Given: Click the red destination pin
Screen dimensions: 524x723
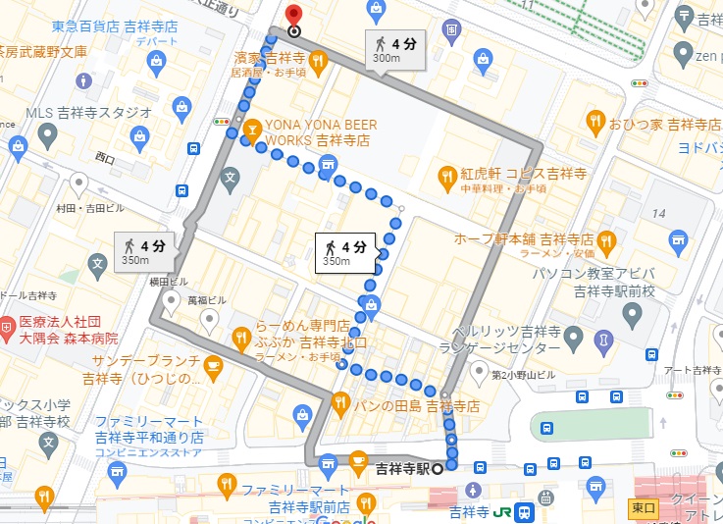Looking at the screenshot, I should click(x=291, y=16).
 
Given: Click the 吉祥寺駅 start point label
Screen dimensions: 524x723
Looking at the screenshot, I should click(x=402, y=467).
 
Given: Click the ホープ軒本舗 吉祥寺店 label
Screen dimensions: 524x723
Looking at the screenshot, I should click(x=524, y=238).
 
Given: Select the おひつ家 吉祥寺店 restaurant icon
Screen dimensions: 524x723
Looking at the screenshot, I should click(x=594, y=123).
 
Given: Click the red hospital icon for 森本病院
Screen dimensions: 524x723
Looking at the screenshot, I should click(x=9, y=323).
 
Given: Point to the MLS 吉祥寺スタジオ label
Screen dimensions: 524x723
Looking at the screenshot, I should click(x=88, y=113).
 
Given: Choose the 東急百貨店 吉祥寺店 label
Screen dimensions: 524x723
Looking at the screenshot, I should click(x=114, y=27).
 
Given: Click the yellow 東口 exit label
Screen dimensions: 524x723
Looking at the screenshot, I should click(x=642, y=507).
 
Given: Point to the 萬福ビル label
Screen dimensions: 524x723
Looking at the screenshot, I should click(x=207, y=299).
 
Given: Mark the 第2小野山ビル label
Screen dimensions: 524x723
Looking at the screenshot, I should click(x=523, y=375).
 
